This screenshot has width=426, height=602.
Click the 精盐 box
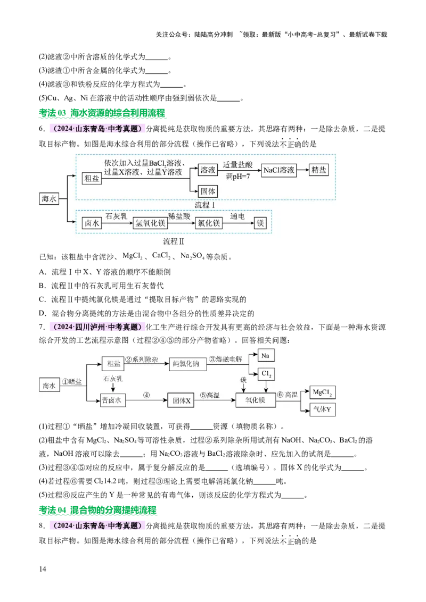click(320, 170)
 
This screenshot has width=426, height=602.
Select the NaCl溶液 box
click(278, 170)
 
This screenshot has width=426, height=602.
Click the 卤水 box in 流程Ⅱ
click(92, 224)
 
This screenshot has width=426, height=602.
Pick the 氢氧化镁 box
click(150, 224)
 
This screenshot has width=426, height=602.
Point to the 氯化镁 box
click(209, 224)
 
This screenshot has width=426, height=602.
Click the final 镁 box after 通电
click(260, 224)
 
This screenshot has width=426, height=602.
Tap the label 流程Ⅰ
click(205, 205)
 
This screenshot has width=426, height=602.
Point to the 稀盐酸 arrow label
click(178, 216)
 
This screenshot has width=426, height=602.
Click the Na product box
click(267, 355)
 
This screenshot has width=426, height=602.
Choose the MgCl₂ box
click(322, 394)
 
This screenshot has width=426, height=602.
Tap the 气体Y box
click(322, 410)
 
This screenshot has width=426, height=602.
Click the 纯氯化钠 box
click(186, 364)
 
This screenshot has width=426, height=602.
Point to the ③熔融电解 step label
click(228, 359)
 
